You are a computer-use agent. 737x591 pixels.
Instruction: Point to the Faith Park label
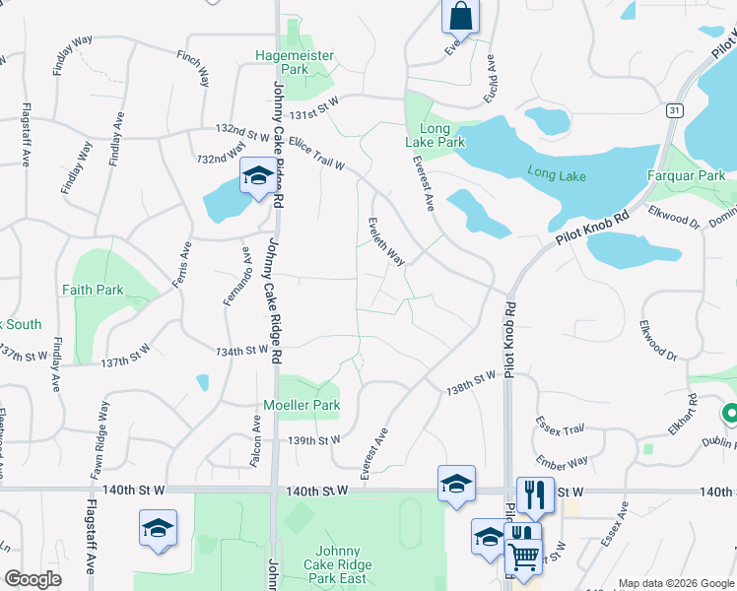(93, 291)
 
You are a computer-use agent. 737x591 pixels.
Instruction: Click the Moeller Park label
(301, 405)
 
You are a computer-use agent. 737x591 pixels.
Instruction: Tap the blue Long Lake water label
(556, 173)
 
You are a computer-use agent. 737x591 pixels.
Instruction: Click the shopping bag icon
(460, 16)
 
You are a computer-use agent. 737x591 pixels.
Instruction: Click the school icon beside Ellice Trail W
(257, 176)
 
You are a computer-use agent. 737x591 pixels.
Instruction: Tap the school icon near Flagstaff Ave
(158, 528)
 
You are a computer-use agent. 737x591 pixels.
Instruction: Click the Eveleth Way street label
(386, 241)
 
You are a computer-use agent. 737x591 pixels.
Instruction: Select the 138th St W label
(471, 378)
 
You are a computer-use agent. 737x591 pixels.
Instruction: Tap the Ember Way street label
(562, 461)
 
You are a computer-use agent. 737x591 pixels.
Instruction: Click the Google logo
(33, 579)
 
